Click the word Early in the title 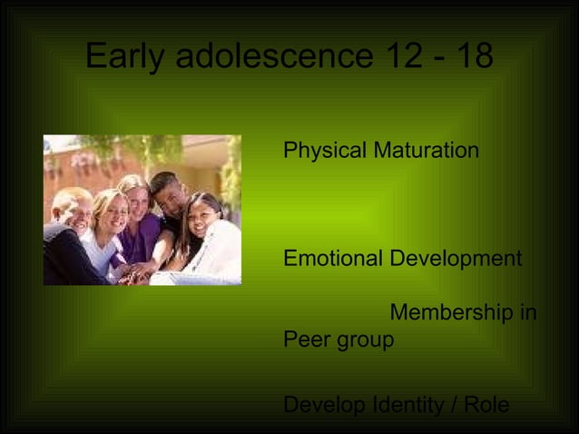[x=125, y=56]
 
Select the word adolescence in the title [x=274, y=56]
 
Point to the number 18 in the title [x=475, y=56]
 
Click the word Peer [x=305, y=340]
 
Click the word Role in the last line [x=486, y=405]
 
